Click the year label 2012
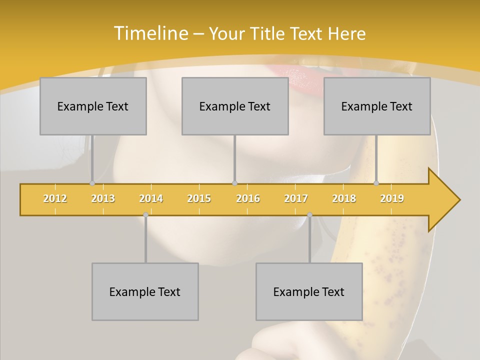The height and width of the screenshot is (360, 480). tap(55, 198)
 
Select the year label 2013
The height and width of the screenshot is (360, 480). tap(103, 198)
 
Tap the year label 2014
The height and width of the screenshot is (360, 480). tap(151, 198)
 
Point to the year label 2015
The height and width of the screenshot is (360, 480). tap(199, 198)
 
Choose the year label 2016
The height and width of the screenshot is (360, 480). tap(248, 198)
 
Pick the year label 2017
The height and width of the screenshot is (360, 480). tap(296, 198)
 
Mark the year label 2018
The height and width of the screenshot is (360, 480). tap(344, 198)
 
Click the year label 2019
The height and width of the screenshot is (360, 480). tap(392, 198)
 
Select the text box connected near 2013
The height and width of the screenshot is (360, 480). tap(93, 106)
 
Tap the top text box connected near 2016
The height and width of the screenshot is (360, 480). tap(235, 106)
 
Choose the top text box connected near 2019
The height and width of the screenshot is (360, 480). tap(377, 106)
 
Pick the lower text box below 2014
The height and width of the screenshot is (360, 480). tap(145, 291)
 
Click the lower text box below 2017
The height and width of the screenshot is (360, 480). tap(309, 291)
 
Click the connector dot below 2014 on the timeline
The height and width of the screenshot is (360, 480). tap(145, 214)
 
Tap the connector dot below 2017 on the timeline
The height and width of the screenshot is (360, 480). tap(309, 214)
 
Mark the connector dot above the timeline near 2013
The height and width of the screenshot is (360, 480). tap(92, 183)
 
